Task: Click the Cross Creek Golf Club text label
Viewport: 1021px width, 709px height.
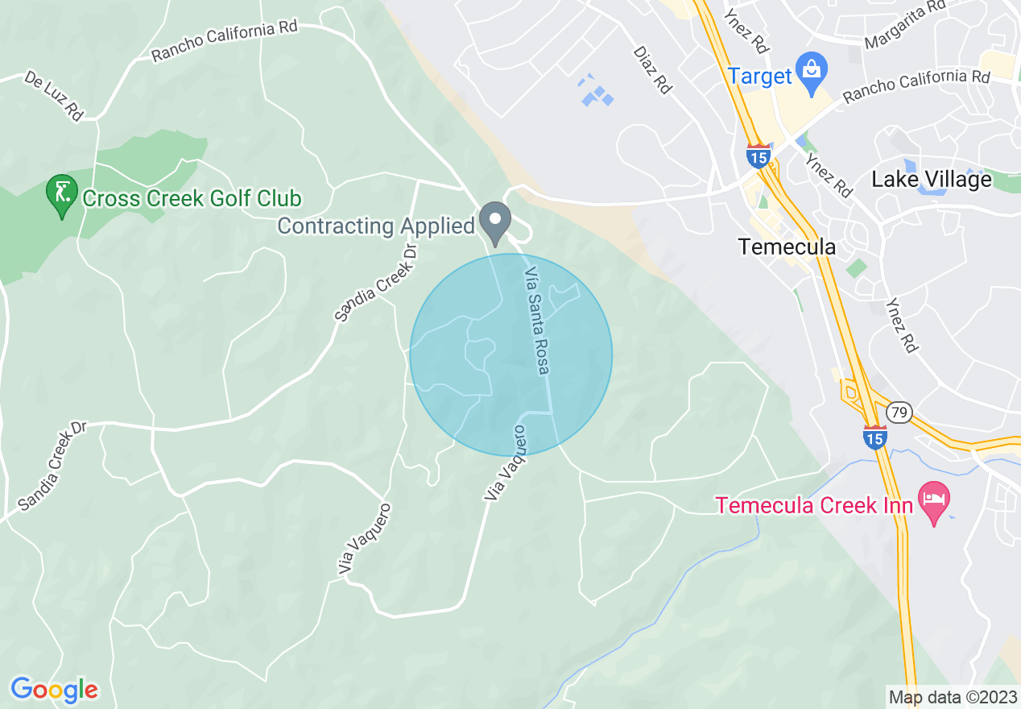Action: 192,199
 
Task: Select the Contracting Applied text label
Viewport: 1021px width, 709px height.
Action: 376,226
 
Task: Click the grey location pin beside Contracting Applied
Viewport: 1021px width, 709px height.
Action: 495,223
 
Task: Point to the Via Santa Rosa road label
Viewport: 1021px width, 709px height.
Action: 537,321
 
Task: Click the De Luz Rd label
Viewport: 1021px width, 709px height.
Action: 54,95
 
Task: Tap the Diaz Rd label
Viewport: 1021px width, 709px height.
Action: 652,69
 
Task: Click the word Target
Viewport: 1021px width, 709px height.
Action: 761,77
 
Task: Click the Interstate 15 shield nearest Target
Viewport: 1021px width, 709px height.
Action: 758,155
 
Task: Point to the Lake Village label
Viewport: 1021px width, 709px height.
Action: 932,179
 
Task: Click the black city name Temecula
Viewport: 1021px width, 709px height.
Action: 787,247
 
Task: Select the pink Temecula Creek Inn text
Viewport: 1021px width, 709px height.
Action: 815,506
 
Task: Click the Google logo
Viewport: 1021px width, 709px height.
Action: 55,690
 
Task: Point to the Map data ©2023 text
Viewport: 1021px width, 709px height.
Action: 953,697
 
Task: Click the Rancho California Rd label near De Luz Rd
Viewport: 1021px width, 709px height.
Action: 225,41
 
